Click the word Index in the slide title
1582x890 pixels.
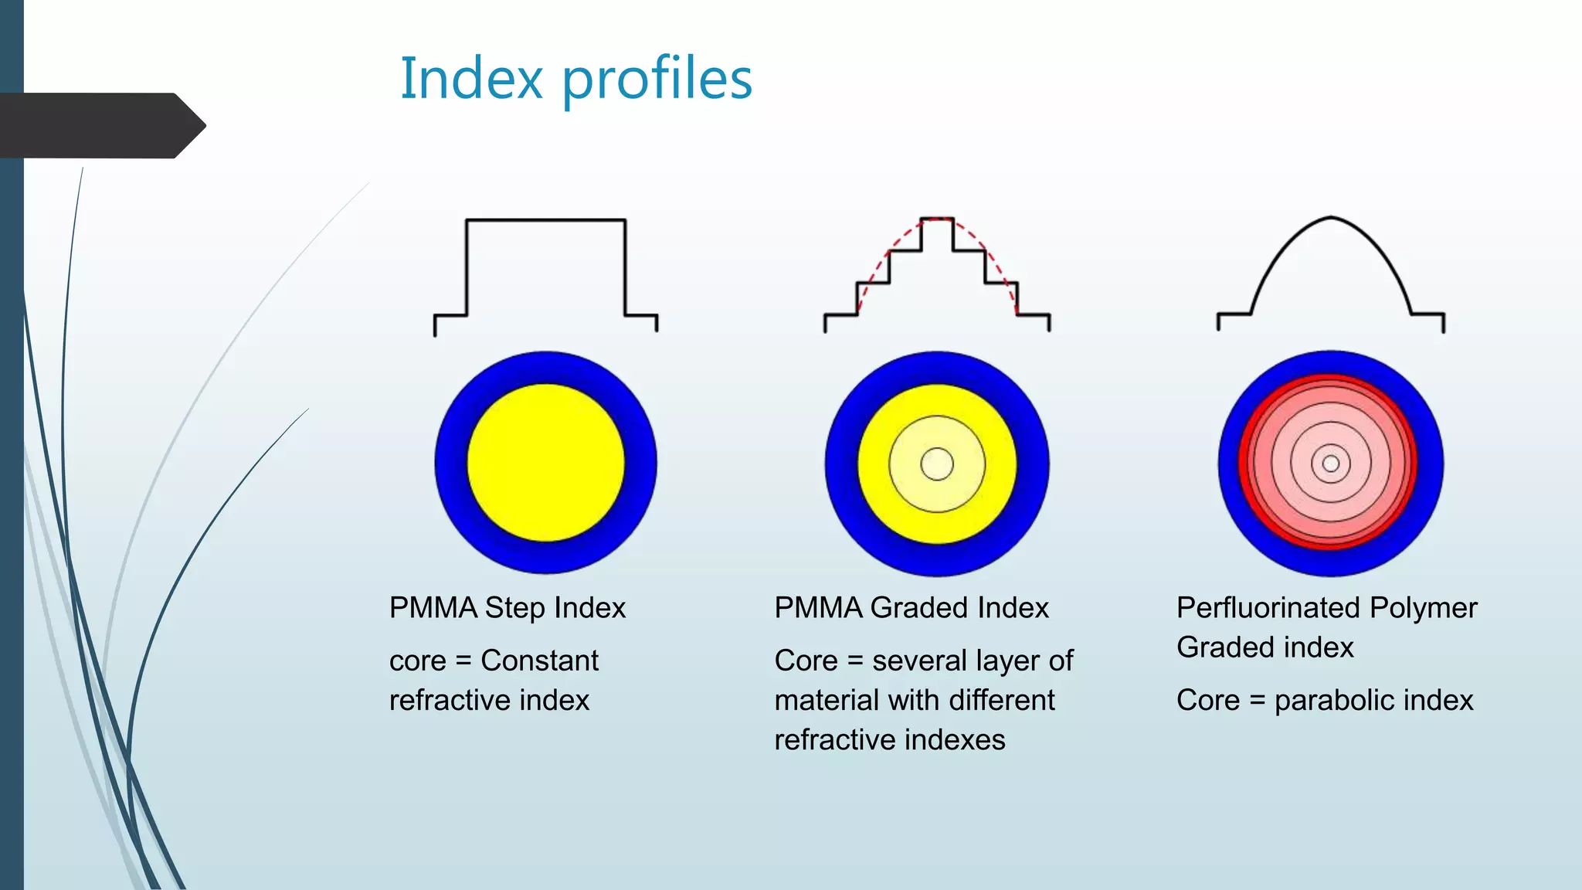471,79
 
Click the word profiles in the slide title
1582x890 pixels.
657,80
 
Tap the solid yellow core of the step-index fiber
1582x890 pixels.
545,463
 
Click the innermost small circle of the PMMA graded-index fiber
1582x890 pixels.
937,464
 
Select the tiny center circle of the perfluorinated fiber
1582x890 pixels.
1330,464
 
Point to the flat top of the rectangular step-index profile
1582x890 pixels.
545,220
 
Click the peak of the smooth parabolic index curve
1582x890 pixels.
1330,218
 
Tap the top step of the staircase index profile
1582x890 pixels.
937,219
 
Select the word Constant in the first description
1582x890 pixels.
539,661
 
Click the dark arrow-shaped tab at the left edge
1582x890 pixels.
100,125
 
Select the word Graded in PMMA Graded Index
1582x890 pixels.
918,608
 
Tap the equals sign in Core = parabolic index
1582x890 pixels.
1257,701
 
